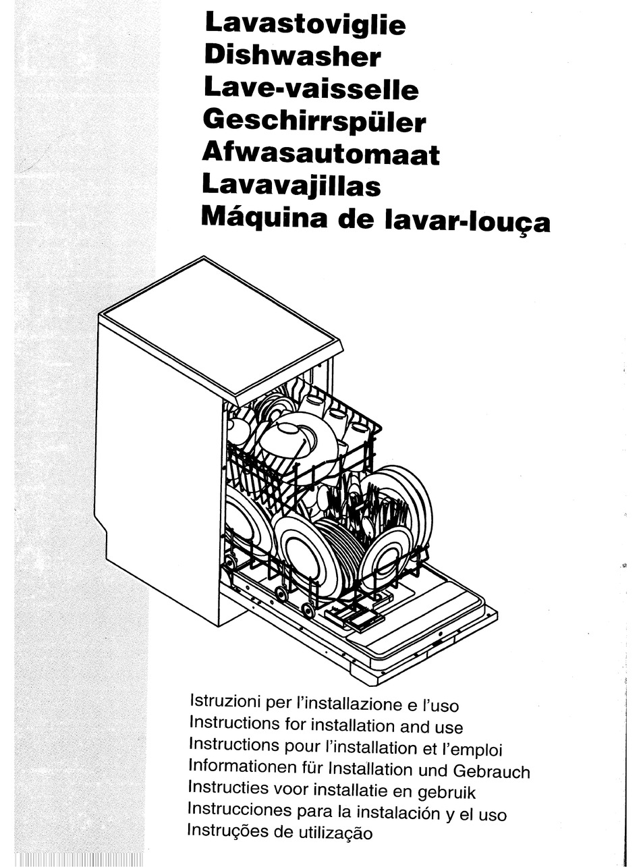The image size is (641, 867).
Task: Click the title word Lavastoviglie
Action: [x=304, y=24]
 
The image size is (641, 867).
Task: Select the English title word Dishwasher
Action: [x=292, y=56]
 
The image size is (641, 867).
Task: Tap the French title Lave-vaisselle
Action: [x=310, y=88]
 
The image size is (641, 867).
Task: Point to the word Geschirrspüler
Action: [x=314, y=121]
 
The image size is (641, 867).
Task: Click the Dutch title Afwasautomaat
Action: [x=320, y=154]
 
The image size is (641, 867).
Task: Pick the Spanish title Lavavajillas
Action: [x=291, y=186]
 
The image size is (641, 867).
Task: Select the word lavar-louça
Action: [x=466, y=221]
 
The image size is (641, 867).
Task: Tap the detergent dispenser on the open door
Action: [x=354, y=615]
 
